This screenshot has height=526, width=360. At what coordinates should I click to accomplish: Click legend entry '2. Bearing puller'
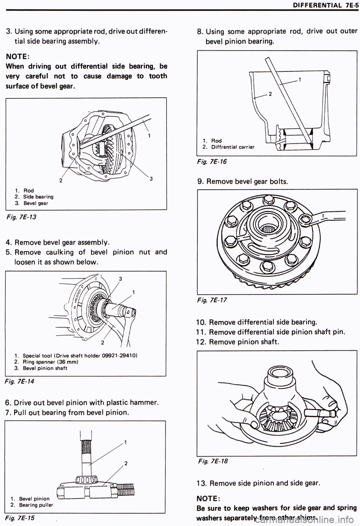click(32, 505)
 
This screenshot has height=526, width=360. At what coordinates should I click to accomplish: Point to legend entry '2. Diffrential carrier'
click(228, 147)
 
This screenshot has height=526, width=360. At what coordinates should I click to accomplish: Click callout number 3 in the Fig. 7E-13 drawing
click(150, 179)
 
